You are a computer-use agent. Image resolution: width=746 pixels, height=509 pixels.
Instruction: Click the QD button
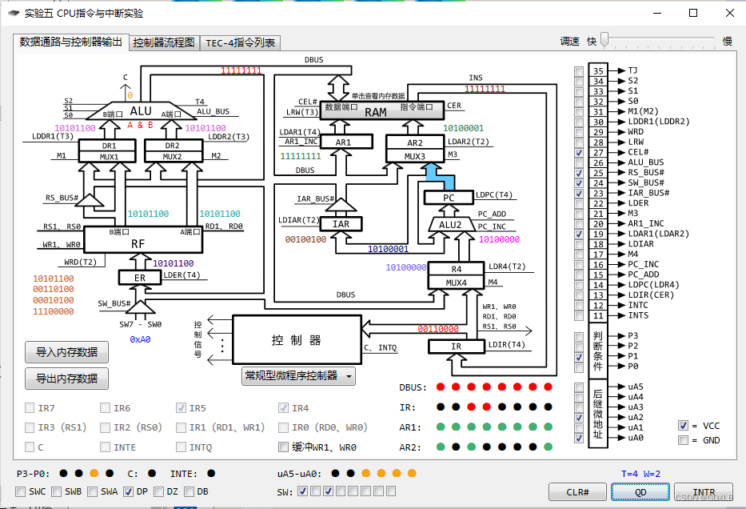coord(640,491)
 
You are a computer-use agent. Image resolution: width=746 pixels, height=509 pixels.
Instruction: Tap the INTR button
coord(703,491)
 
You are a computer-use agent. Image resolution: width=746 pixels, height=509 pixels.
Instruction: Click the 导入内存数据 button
coord(66,351)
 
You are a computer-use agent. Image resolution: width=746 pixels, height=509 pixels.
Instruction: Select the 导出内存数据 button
coord(66,378)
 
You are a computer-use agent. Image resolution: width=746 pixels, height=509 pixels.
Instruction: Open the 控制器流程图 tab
coord(165,42)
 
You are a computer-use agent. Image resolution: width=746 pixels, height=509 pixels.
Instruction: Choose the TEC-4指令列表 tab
coord(240,42)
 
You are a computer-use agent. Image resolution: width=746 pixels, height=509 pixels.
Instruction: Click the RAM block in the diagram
coord(376,112)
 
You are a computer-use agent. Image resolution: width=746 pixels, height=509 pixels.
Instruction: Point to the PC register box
coord(449,198)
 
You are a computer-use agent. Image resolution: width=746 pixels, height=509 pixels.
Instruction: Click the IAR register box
coord(341,224)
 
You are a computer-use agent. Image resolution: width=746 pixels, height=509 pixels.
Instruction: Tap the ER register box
coord(140,277)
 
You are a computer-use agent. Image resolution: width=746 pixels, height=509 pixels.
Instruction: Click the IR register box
coord(457,347)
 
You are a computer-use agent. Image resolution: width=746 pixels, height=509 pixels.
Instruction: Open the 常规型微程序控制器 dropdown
coord(298,375)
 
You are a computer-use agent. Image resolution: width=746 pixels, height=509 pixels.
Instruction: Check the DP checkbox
coord(129,491)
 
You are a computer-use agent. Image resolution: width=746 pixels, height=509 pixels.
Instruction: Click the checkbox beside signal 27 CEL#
coord(579,152)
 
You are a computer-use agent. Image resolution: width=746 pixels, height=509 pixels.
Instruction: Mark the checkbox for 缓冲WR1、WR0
coord(284,447)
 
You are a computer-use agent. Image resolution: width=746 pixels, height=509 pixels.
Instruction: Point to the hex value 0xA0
coord(141,339)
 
